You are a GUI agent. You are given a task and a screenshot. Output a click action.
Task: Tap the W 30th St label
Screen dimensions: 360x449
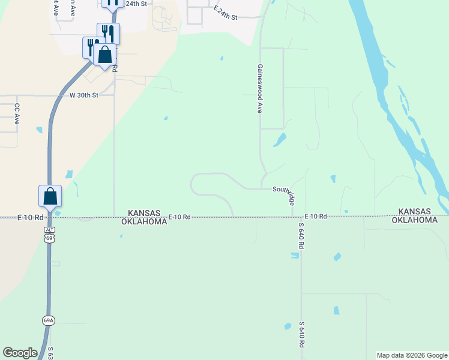(83, 95)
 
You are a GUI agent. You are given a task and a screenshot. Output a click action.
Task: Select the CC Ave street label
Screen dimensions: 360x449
(17, 114)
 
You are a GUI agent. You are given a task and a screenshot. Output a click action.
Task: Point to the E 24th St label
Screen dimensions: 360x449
(226, 13)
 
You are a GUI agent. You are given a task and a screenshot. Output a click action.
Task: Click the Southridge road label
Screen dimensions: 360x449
(284, 195)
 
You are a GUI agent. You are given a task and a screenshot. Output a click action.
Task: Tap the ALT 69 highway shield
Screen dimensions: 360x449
(50, 234)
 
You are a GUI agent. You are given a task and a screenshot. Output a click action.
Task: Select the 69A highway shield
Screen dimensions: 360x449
(49, 320)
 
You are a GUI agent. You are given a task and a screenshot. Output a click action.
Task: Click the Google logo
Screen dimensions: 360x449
(20, 353)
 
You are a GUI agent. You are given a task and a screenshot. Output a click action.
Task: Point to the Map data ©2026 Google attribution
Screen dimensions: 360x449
(412, 355)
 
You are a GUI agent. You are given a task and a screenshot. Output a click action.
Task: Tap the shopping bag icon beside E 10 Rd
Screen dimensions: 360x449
(50, 196)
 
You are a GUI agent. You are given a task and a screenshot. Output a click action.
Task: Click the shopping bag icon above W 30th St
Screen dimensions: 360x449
(105, 55)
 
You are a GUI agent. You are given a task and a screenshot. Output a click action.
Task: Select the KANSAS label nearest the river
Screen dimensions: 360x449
(415, 212)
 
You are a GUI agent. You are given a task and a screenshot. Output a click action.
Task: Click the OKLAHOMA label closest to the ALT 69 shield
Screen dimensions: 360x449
(144, 221)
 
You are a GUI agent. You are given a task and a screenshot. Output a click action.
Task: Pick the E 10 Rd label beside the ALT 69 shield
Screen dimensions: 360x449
(31, 217)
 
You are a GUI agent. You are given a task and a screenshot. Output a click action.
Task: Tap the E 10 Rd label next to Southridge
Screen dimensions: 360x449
(315, 216)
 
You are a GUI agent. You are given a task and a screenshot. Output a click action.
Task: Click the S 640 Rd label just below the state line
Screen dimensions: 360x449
(301, 235)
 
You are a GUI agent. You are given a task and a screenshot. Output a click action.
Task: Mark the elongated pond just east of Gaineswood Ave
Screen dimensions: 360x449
(280, 140)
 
